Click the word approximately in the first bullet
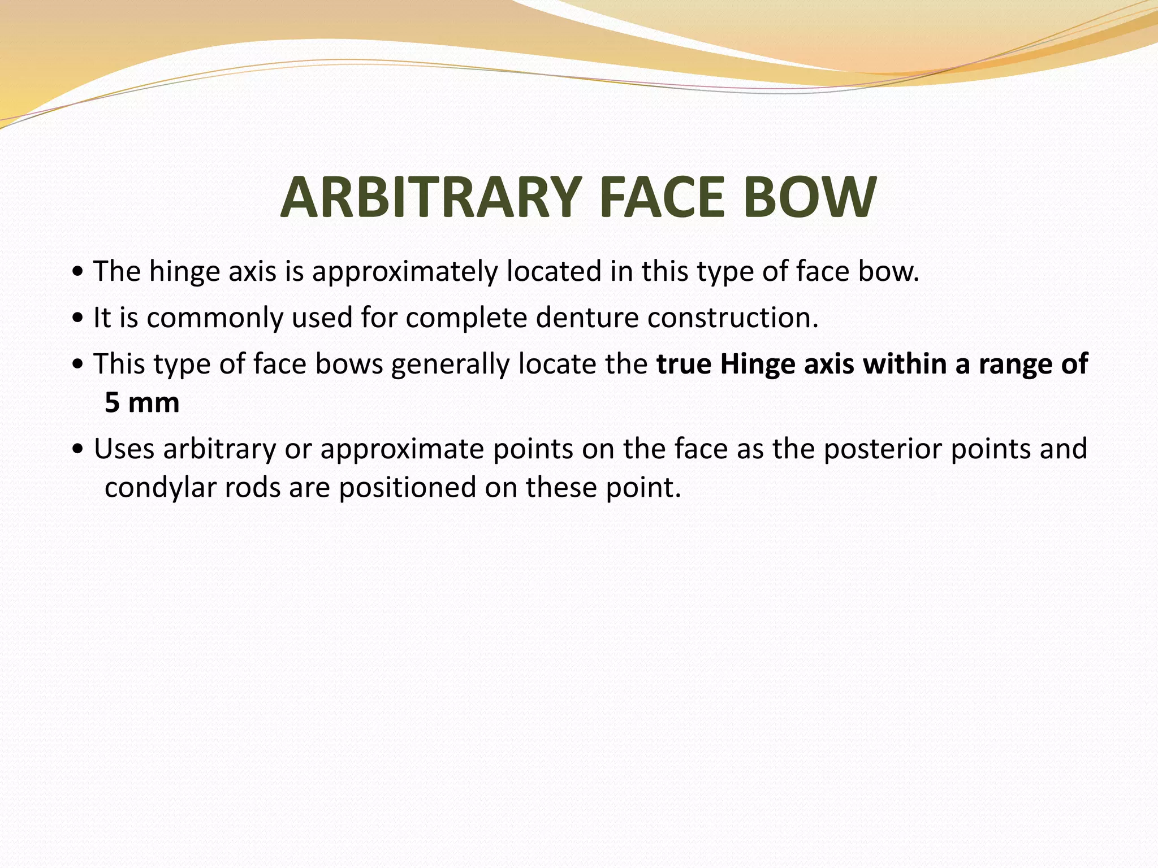[405, 272]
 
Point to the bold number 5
[113, 403]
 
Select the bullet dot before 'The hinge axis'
[78, 274]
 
